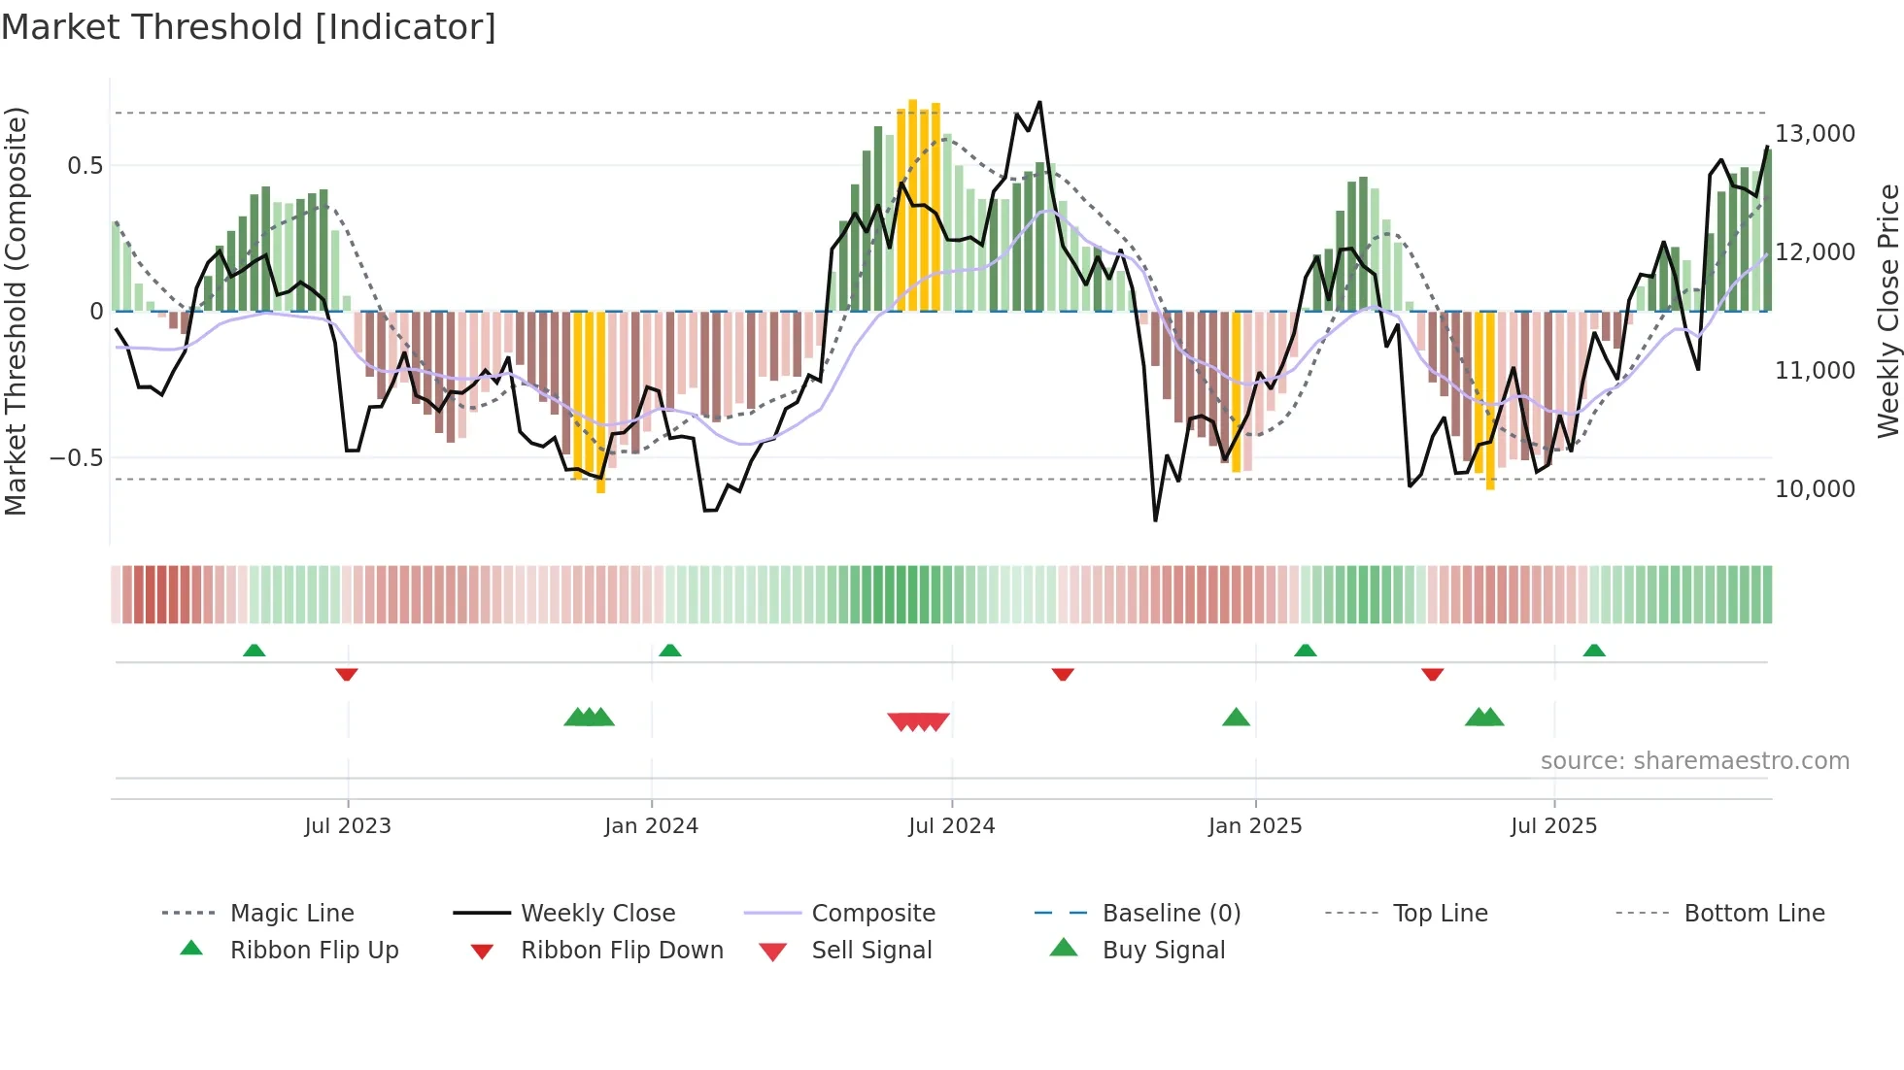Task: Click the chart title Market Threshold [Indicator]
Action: point(249,27)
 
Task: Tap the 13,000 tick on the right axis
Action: point(1815,134)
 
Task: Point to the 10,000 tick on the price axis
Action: point(1815,489)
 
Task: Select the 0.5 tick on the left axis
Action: point(85,166)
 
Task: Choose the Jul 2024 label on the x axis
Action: point(951,826)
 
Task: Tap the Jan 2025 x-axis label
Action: point(1254,826)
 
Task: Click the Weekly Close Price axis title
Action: point(1887,311)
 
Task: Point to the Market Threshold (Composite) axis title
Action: point(16,311)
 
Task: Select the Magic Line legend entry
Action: point(291,914)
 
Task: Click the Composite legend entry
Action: point(872,914)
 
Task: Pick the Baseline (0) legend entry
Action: point(1171,914)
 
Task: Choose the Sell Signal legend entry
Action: point(870,951)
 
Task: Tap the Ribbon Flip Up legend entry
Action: point(313,951)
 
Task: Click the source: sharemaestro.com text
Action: point(1694,761)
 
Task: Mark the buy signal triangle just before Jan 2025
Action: point(1236,718)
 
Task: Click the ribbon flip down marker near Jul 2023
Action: point(347,674)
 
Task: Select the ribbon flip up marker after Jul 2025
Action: point(1594,650)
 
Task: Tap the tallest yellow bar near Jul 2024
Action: point(912,204)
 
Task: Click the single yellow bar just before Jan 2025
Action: point(1236,392)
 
